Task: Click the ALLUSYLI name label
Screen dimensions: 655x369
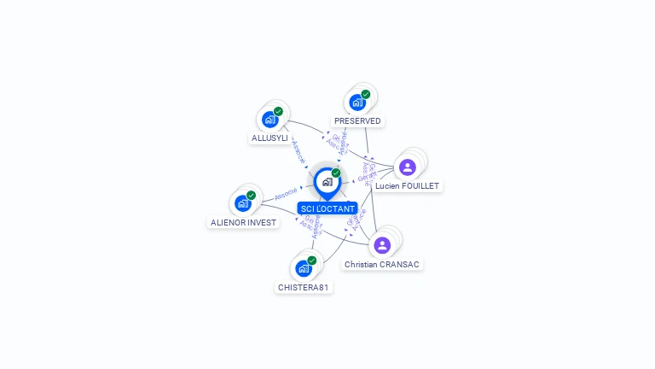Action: tap(270, 138)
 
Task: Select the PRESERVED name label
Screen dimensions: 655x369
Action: tap(357, 121)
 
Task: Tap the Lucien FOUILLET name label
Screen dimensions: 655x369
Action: tap(408, 185)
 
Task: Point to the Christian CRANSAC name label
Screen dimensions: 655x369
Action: tap(383, 265)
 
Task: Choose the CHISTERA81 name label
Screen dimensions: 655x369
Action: tap(303, 287)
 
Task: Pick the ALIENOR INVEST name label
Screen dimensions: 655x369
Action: tap(243, 222)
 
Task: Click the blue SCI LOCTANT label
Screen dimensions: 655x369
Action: tap(327, 208)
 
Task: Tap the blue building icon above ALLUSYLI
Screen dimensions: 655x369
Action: tap(270, 120)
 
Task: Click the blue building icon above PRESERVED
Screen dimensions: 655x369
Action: tap(357, 102)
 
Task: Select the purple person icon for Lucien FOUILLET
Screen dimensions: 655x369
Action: tap(408, 167)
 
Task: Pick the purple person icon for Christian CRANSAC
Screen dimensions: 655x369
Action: tap(382, 246)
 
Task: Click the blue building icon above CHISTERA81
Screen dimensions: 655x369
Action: tap(303, 268)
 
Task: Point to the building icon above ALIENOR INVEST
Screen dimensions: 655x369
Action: tap(242, 203)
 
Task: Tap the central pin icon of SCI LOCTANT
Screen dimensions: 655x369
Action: tap(327, 181)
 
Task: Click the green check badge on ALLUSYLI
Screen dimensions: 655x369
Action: tap(278, 111)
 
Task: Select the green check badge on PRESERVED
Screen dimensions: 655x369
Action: tap(366, 94)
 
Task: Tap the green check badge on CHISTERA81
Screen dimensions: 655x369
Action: tap(311, 260)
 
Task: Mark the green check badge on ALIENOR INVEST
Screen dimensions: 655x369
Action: tap(251, 195)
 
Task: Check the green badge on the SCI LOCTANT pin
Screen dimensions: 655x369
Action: tap(336, 173)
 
